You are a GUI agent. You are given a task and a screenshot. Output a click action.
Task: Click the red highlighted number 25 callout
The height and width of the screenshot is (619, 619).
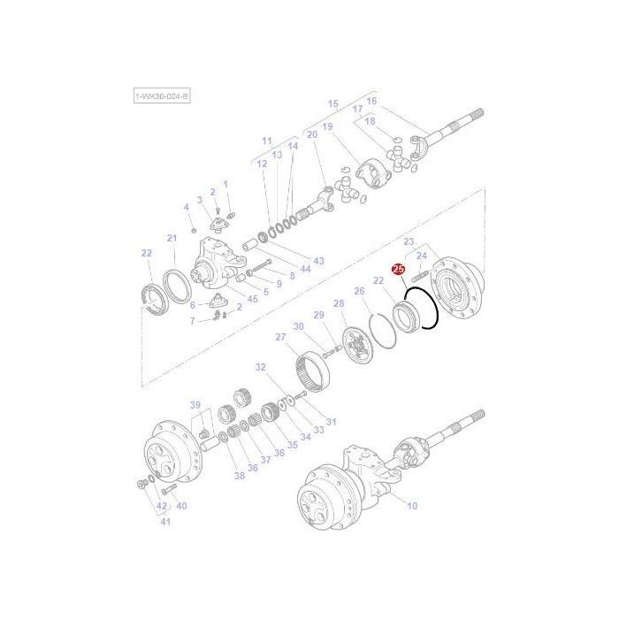[398, 269]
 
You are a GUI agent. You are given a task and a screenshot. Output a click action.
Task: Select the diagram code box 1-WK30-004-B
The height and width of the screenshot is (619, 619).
[162, 96]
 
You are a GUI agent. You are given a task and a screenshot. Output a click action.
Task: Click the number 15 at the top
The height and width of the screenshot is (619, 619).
[333, 104]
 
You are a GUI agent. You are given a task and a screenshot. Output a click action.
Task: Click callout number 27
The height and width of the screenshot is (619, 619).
[281, 337]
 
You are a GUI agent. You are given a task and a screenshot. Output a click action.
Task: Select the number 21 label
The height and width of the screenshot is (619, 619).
[172, 238]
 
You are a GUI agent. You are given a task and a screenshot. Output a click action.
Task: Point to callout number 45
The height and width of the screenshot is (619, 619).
[252, 299]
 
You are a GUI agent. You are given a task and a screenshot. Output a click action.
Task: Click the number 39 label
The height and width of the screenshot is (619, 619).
[195, 405]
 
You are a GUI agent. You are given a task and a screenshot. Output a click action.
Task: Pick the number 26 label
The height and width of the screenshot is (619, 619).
[360, 291]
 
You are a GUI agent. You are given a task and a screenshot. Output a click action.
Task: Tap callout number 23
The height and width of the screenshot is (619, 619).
[409, 241]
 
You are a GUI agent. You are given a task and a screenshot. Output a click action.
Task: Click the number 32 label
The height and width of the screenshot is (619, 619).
[261, 366]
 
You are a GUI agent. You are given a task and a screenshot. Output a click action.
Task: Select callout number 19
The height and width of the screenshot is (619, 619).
[327, 127]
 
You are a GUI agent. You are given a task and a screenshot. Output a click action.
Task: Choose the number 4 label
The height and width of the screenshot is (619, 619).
[186, 207]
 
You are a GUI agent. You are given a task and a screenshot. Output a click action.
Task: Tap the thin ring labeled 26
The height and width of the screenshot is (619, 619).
[381, 329]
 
